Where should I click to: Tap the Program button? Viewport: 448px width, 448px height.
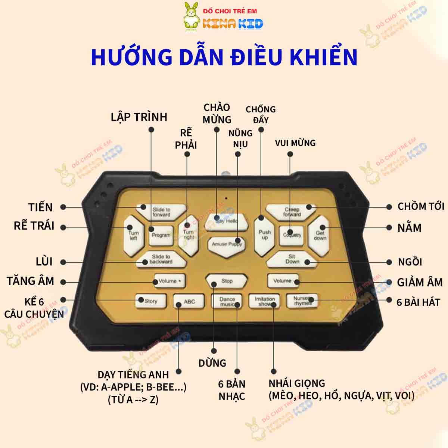pyautogui.click(x=161, y=235)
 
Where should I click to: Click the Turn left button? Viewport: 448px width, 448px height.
pyautogui.click(x=133, y=235)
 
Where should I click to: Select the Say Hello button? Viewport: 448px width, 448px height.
pyautogui.click(x=226, y=221)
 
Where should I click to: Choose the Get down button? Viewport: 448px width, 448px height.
pyautogui.click(x=320, y=235)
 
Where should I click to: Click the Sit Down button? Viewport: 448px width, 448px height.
pyautogui.click(x=292, y=259)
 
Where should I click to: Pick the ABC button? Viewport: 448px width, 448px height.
pyautogui.click(x=189, y=301)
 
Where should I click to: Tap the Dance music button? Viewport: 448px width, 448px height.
pyautogui.click(x=227, y=301)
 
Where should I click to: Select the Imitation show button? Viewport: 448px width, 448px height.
pyautogui.click(x=265, y=301)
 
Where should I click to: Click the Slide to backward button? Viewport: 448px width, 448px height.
pyautogui.click(x=161, y=259)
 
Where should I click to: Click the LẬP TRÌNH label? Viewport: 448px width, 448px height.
pyautogui.click(x=139, y=117)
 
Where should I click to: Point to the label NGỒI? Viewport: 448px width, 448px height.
pyautogui.click(x=410, y=262)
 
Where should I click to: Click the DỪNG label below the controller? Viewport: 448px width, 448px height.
pyautogui.click(x=212, y=363)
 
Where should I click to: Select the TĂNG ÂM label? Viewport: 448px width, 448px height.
pyautogui.click(x=31, y=281)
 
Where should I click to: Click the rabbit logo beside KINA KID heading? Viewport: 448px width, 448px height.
pyautogui.click(x=192, y=16)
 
